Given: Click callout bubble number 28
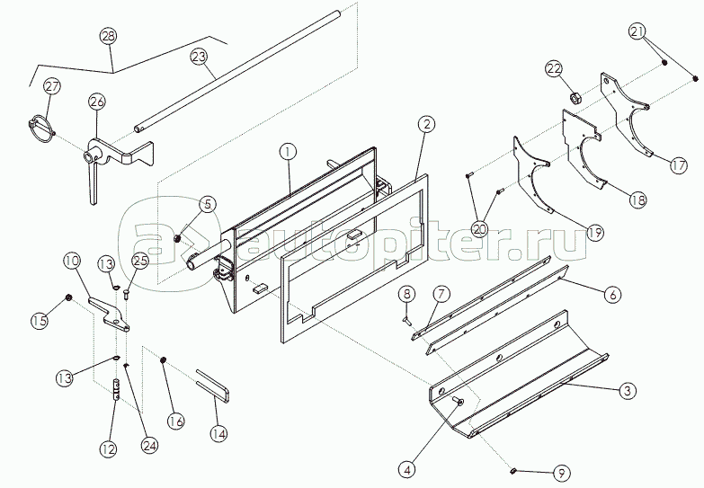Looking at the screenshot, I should [x=109, y=37].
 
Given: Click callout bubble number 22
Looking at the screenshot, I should [x=554, y=69].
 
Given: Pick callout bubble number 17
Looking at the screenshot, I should [x=678, y=165].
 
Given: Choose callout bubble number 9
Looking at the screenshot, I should [x=561, y=471].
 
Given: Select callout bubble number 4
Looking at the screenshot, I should [x=409, y=467].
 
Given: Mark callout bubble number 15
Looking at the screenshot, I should [x=39, y=319].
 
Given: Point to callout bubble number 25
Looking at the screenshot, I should [x=139, y=261].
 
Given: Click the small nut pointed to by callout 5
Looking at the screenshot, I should [x=178, y=238].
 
